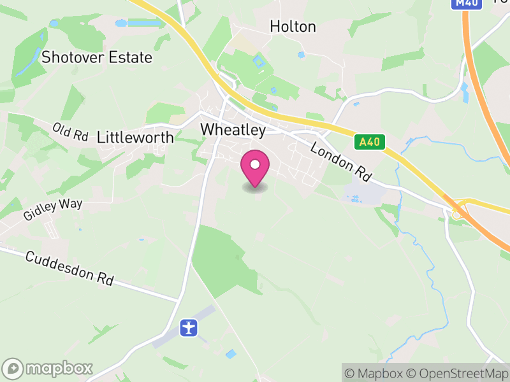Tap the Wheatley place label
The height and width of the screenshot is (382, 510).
point(233,129)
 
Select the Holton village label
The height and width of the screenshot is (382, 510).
point(293,26)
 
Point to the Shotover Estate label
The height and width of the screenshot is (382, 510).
point(97,57)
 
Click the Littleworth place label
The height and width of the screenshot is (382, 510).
point(135,137)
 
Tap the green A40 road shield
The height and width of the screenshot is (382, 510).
point(370,141)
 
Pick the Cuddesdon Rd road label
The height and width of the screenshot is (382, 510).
point(70,268)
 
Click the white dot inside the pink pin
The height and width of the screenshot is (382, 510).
point(255,164)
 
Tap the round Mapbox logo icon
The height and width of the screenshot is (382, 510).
point(14,368)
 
